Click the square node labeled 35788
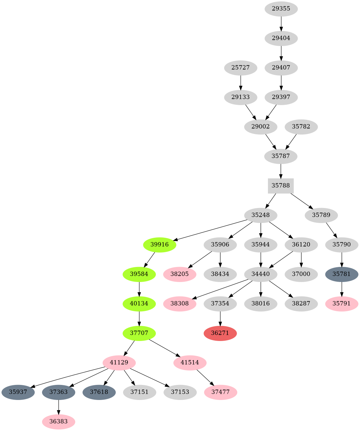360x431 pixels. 281,186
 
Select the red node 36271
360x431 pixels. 220,333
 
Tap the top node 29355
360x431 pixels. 281,9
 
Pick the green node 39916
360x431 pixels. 160,245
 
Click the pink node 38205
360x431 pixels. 180,274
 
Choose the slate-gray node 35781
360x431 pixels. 341,274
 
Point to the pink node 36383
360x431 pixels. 58,422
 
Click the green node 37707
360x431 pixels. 139,333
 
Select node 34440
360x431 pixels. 261,274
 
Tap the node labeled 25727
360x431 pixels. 240,68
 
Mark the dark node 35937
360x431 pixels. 18,392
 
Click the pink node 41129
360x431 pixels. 119,363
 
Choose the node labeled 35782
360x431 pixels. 301,127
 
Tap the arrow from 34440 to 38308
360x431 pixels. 221,289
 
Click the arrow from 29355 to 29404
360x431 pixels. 281,23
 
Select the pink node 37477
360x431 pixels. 220,392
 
